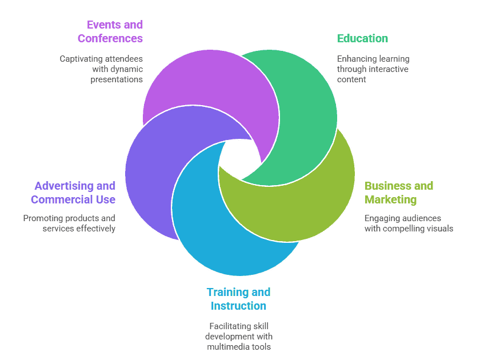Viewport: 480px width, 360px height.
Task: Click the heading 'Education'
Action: (362, 39)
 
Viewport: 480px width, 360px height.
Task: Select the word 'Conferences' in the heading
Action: (110, 39)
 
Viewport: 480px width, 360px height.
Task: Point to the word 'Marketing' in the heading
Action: (391, 199)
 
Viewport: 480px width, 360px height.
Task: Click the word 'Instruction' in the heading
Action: (238, 306)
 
